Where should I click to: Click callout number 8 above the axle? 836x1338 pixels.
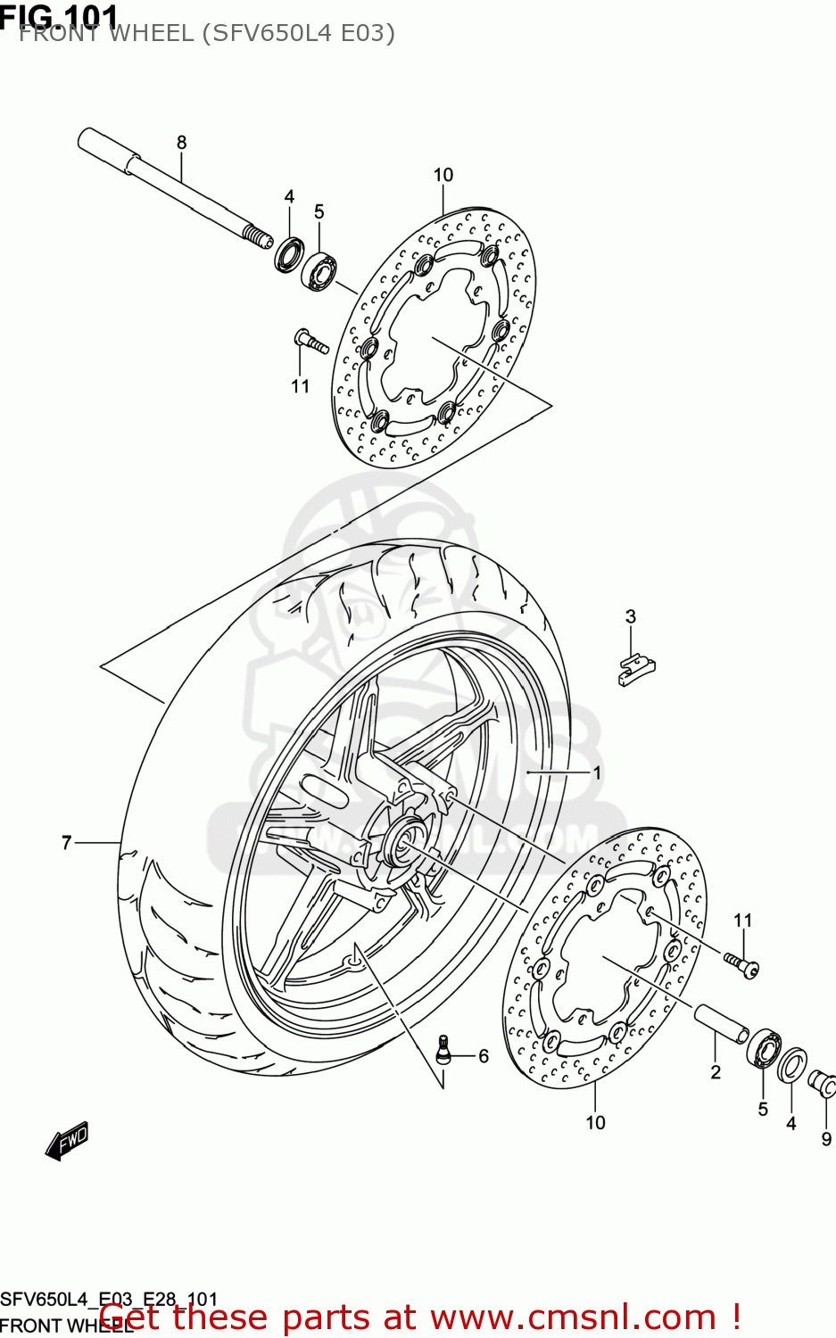pos(182,142)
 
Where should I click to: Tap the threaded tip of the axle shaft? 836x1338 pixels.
pos(258,236)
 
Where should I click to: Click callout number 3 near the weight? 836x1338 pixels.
pos(631,616)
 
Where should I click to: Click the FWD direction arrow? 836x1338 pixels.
pos(68,1141)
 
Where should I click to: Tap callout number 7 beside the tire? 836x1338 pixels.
pos(66,842)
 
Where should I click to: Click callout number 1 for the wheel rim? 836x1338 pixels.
pos(598,772)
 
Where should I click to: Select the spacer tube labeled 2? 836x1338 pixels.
pos(721,1022)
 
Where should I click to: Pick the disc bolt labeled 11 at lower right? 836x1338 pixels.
pos(741,963)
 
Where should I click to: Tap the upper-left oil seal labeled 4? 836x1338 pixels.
pos(289,254)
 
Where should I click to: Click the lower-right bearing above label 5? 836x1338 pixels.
pos(765,1048)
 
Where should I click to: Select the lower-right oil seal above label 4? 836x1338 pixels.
pos(791,1065)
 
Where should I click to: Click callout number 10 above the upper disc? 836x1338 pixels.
pos(443,175)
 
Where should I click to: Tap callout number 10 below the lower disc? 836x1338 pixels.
pos(595,1123)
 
